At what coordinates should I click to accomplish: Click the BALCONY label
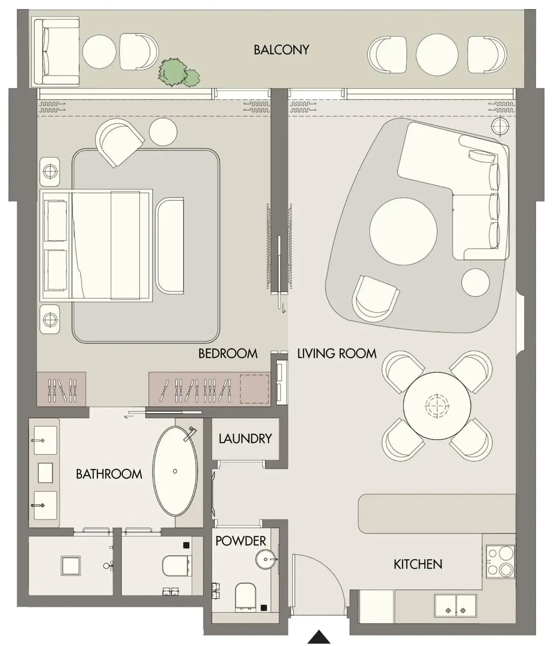pos(281,50)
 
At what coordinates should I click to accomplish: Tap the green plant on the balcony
pos(178,73)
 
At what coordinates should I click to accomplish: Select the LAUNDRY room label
pos(245,438)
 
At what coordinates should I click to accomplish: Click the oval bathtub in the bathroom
pos(175,471)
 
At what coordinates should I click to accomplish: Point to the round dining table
pos(437,406)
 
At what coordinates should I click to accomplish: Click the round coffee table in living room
pos(403,231)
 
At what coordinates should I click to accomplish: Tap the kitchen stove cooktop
pos(500,561)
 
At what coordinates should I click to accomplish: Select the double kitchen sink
pos(456,606)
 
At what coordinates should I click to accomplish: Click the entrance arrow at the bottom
pos(319,637)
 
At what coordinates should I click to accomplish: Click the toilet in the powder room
pos(245,597)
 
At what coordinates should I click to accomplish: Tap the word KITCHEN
pos(418,564)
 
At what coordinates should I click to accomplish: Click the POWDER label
pos(240,541)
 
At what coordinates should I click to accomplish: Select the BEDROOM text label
pos(228,354)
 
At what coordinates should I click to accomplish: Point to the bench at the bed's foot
pos(170,246)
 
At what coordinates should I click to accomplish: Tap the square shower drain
pos(71,566)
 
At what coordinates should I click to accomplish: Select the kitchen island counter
pos(437,513)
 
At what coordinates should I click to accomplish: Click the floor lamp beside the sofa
pos(500,127)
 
